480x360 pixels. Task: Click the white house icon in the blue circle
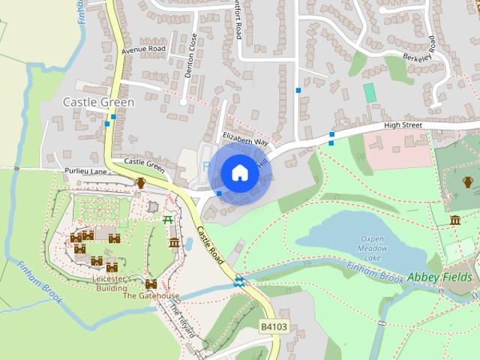point(240,173)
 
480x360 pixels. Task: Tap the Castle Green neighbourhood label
point(98,102)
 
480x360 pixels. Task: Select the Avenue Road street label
point(142,49)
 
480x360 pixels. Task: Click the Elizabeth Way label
point(245,139)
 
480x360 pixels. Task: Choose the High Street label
point(403,125)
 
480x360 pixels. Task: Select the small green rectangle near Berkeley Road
point(369,93)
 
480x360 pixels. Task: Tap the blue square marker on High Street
point(331,135)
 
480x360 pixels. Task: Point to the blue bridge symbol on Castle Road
point(239,282)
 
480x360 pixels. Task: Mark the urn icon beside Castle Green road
point(141,182)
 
